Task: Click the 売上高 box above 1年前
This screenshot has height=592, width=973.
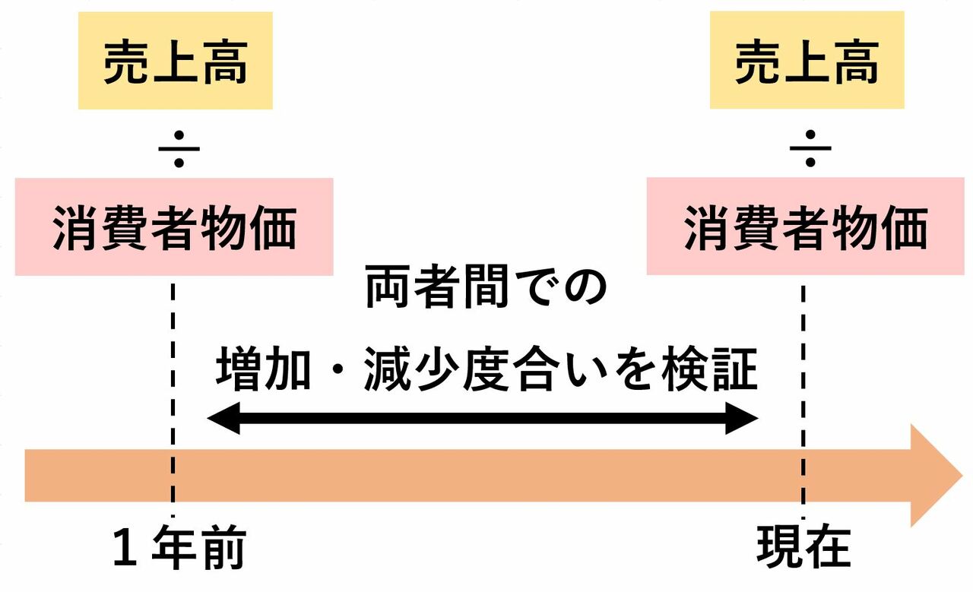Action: [176, 60]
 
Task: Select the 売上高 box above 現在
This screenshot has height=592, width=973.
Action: [807, 60]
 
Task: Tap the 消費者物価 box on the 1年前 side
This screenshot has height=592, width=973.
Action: [174, 226]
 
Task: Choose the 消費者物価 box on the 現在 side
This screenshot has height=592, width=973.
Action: [806, 226]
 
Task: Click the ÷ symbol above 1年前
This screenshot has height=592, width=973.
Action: [179, 149]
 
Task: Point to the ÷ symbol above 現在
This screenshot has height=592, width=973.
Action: [810, 148]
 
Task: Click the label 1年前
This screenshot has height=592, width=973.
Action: [179, 547]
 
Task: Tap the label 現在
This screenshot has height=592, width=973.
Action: [803, 547]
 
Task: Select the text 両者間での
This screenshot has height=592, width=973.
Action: [486, 287]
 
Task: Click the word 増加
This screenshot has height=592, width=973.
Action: [263, 369]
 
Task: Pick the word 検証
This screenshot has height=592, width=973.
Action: [710, 369]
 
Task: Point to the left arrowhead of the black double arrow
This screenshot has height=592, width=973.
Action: [223, 418]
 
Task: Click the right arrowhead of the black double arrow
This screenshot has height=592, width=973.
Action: [742, 418]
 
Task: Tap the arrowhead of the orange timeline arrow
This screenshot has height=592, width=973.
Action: [936, 476]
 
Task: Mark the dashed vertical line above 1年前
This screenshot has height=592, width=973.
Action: [173, 400]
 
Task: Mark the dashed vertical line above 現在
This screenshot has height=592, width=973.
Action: [803, 402]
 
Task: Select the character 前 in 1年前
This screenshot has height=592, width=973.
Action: [224, 547]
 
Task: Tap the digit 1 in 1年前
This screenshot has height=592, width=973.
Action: [125, 547]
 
